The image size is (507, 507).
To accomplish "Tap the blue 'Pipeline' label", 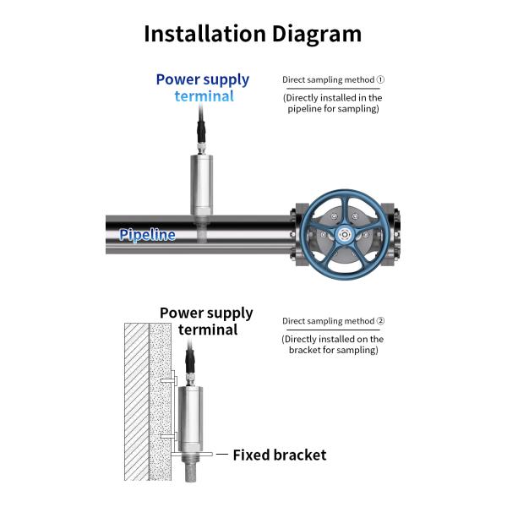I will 147,235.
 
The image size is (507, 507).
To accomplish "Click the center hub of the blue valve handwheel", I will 346,234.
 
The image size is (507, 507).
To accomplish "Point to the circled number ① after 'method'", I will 380,80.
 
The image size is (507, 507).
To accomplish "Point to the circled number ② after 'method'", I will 380,321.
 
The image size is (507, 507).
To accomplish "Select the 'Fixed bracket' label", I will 279,455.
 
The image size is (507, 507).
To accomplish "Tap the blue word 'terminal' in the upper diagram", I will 204,95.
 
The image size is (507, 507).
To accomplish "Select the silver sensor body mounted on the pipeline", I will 202,184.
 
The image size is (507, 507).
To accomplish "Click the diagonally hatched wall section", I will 136,406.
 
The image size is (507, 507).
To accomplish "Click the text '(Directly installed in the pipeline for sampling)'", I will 333,103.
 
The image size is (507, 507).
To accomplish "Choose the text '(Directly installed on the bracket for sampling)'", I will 333,345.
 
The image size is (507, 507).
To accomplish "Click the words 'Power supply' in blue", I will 203,79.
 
